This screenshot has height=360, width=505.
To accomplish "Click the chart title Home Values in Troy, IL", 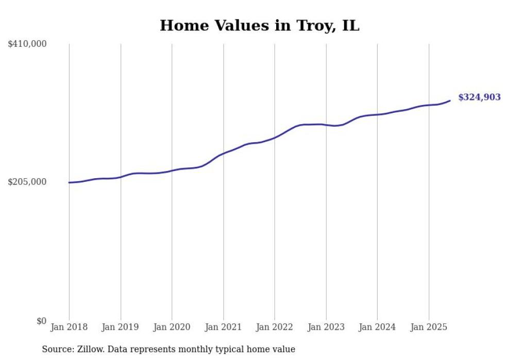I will coord(259,25).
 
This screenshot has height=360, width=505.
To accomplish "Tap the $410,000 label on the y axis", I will coord(27,44).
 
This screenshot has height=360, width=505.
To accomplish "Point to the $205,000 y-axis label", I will coord(27,182).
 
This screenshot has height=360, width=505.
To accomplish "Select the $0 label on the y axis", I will coord(41,321).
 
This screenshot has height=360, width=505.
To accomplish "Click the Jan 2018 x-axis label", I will coord(69,327).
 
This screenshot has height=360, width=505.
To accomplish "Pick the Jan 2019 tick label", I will coord(121,327).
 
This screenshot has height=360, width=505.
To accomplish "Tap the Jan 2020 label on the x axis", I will coord(172,327).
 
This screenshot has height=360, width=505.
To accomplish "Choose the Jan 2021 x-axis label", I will coord(223,327).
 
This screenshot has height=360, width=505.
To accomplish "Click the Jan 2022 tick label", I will coord(275,327).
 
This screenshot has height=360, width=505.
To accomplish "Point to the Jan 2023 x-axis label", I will coord(326,327).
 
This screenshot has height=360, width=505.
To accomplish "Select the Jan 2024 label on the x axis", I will coord(377,327).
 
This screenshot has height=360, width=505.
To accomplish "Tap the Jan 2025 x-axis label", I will coord(428,327).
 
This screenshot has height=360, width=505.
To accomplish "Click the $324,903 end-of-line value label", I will coord(479,97).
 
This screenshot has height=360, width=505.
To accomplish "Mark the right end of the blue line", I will coord(450,100).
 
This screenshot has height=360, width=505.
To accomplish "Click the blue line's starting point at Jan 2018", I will coord(69,182).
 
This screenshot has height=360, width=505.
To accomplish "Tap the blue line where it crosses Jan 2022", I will coord(275,138).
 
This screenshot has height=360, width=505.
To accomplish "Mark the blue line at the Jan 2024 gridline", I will coord(377,114).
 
